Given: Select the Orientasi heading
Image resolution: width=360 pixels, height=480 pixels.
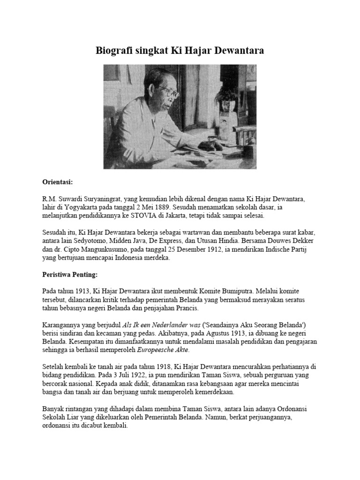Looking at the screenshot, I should [57, 181].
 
